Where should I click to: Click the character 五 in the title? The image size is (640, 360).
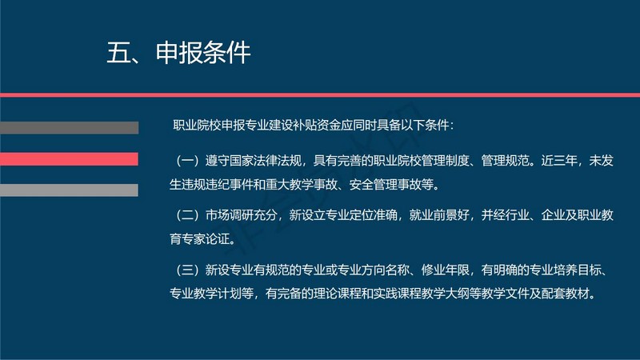118,53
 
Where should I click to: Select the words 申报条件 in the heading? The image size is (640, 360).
203,53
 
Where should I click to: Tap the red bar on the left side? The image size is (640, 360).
69,159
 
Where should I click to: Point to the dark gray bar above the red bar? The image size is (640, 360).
69,128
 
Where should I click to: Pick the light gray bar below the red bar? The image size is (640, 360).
69,190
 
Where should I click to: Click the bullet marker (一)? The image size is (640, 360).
187,161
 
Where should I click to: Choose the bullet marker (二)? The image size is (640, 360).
187,215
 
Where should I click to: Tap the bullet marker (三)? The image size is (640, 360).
187,270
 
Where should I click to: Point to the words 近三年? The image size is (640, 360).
558,161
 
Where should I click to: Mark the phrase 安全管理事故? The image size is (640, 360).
386,185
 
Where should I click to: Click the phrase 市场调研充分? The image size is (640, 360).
242,215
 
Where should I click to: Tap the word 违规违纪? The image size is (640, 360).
206,185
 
